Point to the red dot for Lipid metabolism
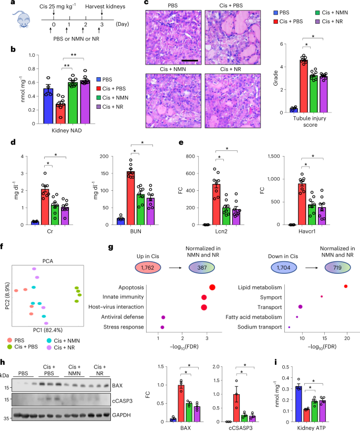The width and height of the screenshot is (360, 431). [x=345, y=286]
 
